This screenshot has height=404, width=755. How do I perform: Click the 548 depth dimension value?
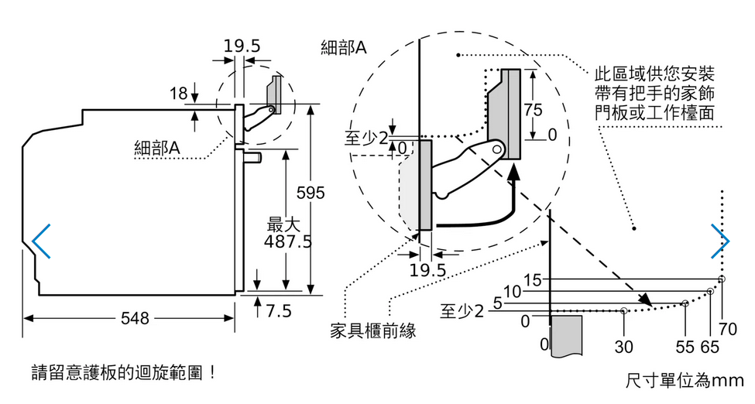point(135,318)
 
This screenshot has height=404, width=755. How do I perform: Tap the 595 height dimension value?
point(311,193)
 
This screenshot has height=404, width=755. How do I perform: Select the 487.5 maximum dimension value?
point(288,241)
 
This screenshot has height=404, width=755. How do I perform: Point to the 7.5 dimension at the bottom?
point(279,311)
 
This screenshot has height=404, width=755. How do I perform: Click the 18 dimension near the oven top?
point(178,94)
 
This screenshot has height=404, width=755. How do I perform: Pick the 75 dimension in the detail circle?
point(533,110)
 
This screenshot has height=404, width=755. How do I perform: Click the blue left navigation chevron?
point(41,241)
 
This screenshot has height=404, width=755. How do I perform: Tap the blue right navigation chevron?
point(720,241)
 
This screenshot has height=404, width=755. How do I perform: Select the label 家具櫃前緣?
point(373,330)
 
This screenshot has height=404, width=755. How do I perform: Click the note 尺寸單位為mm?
point(685,381)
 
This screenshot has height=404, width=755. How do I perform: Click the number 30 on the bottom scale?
point(623,347)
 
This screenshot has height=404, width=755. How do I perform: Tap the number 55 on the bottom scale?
point(685,347)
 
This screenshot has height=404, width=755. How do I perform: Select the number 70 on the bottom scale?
point(728,330)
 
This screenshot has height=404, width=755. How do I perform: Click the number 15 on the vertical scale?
point(532,279)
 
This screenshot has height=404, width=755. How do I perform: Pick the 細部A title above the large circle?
point(344,47)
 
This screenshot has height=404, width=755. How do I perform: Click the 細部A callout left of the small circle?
point(157,148)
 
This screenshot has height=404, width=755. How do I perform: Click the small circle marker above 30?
point(624,310)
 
